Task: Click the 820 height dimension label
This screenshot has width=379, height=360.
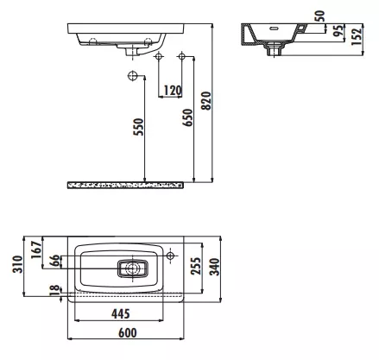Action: click(x=206, y=101)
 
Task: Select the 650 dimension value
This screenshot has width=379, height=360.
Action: click(x=187, y=117)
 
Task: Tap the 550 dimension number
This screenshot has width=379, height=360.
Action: click(x=138, y=127)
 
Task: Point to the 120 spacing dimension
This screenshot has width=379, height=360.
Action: click(x=173, y=91)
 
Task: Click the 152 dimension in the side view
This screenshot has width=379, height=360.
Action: click(x=357, y=36)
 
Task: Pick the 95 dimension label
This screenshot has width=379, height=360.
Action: click(x=338, y=30)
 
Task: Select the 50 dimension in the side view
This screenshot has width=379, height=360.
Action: click(x=319, y=16)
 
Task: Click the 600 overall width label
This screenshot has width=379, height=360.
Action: click(x=128, y=333)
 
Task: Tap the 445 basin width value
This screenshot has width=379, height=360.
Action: click(x=121, y=313)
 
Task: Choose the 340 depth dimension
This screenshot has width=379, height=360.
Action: click(x=214, y=267)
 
